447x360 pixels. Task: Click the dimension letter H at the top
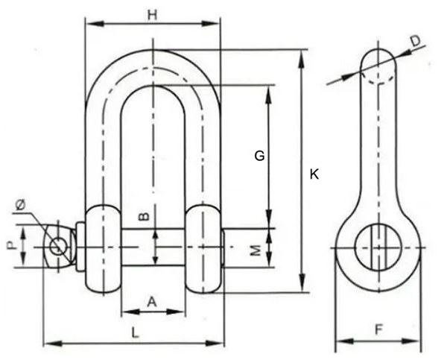(x=153, y=14)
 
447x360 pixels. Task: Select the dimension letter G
(x=259, y=156)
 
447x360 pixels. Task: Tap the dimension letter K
(x=314, y=174)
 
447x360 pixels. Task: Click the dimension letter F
(x=378, y=327)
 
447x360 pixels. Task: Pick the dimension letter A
(x=152, y=301)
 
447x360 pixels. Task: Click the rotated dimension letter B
(x=146, y=217)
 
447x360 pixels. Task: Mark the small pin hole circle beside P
(x=57, y=244)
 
